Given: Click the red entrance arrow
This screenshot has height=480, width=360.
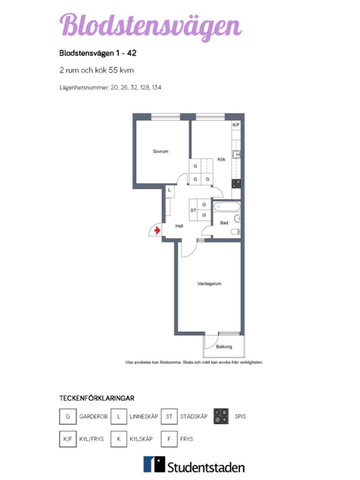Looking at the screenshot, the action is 157,230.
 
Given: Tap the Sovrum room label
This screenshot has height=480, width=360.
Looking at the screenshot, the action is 161,151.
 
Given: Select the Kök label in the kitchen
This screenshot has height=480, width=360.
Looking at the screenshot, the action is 221,159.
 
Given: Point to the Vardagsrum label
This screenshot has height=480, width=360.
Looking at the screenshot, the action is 209,283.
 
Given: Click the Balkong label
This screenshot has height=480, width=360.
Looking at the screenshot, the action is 224,346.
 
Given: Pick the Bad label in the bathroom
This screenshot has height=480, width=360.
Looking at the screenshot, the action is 224,223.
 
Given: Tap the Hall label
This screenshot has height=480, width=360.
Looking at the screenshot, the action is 179,226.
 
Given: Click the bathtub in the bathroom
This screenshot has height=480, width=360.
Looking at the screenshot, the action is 227,207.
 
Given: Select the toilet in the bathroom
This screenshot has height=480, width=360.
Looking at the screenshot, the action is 236,232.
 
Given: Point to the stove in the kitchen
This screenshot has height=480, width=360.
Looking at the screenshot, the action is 236,184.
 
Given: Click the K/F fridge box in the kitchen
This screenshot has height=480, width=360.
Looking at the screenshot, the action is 236,125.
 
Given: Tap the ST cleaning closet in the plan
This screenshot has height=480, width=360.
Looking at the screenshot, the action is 193,210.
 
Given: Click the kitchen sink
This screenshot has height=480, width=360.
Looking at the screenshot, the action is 236,154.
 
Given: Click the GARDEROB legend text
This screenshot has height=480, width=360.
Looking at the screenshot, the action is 93,416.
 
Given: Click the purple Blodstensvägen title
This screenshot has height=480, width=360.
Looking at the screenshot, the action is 151,27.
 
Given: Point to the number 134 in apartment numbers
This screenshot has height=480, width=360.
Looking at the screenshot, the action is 157,88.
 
